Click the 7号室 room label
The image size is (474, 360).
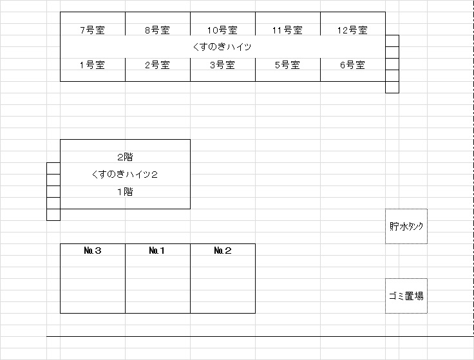coord(93,30)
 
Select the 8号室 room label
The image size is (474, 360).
coord(158,30)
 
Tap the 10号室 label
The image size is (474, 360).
coord(222,30)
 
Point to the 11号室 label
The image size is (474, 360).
coord(287,30)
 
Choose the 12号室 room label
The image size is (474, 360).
coord(352,30)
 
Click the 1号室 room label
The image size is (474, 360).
coord(93,65)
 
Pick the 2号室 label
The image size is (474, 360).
coord(158,65)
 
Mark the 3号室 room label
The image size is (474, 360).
coord(222,65)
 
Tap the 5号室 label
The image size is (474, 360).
coord(287,65)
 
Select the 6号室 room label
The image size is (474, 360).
coord(352,65)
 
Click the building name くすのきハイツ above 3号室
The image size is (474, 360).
coord(222,47)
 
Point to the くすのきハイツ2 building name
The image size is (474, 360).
coord(125,175)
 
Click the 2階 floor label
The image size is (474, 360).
coord(125,157)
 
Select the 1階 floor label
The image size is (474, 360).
coord(125,192)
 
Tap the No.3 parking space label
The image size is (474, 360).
coord(93,251)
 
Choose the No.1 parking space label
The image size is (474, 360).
coord(157,251)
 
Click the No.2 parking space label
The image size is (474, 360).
coord(223,251)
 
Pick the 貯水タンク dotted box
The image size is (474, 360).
coord(406,227)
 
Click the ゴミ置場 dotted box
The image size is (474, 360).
coord(406,296)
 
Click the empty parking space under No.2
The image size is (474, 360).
coord(223,284)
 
